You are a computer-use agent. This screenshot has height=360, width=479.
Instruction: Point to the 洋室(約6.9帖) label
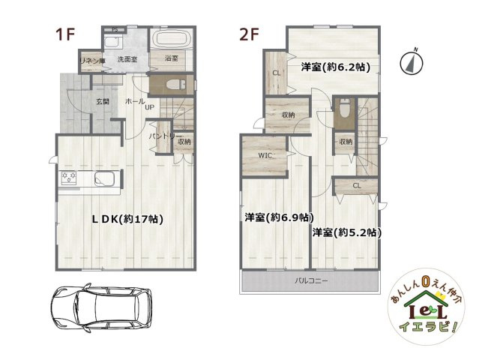click(278, 217)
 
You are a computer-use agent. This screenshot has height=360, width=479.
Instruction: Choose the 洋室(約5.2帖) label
click(347, 232)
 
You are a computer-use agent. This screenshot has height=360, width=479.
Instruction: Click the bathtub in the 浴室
click(172, 40)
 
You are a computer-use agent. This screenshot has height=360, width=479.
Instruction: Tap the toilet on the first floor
click(167, 84)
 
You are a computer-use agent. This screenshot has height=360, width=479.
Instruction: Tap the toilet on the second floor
click(343, 109)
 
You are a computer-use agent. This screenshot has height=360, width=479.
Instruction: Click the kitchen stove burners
click(70, 178)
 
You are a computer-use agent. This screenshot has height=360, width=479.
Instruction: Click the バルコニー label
click(310, 281)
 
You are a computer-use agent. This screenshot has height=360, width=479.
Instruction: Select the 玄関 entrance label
click(103, 101)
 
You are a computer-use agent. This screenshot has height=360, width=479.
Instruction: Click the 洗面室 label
click(128, 58)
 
